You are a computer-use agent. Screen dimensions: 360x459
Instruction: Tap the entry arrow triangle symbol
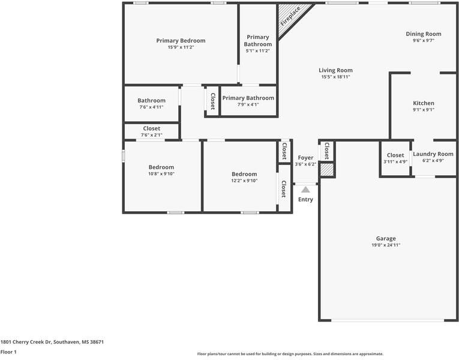[305, 190]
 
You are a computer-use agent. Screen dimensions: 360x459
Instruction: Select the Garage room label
[386, 238]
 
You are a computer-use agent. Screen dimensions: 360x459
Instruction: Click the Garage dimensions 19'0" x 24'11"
[386, 245]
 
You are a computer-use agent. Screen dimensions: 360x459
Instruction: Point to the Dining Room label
[424, 34]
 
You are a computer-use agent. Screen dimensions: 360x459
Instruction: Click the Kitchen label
[424, 103]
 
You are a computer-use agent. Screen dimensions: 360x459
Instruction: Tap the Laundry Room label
[433, 154]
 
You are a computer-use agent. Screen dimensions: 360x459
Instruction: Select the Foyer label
[305, 158]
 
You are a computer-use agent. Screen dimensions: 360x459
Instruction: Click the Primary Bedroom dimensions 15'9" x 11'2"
[181, 47]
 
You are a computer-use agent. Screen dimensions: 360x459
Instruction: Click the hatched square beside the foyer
[326, 170]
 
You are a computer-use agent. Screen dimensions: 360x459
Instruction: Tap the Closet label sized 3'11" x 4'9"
[395, 155]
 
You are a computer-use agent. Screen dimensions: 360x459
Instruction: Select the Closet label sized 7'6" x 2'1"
[151, 128]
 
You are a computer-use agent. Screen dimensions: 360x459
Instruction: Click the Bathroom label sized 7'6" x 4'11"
[151, 101]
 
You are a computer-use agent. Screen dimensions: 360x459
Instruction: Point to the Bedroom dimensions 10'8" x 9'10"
[161, 174]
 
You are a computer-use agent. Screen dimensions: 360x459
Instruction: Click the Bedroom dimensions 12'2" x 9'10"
[244, 181]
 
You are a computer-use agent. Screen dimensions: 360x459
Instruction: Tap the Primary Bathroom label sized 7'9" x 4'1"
[248, 98]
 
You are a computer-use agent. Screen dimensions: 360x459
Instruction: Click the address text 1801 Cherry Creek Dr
[52, 342]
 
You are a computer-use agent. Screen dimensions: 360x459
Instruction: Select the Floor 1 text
[8, 352]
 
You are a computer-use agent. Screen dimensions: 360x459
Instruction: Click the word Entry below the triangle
[305, 200]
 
